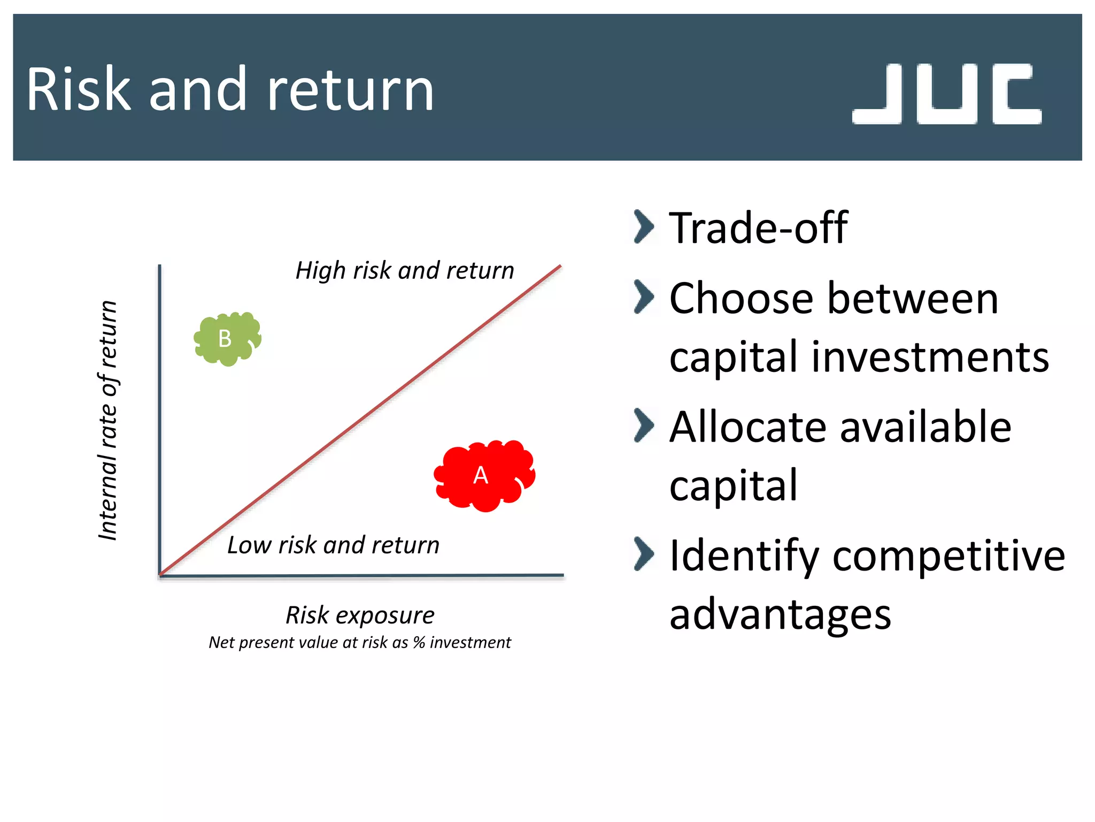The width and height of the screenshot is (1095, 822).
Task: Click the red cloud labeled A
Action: pyautogui.click(x=484, y=475)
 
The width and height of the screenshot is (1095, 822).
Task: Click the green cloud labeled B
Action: pyautogui.click(x=227, y=339)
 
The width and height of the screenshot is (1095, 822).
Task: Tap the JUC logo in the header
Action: pyautogui.click(x=946, y=94)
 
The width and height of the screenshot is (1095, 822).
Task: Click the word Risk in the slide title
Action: pyautogui.click(x=78, y=89)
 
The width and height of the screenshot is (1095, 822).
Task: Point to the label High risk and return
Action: pyautogui.click(x=405, y=271)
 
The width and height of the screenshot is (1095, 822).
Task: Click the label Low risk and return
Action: pyautogui.click(x=333, y=545)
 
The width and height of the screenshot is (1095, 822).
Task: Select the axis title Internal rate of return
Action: pyautogui.click(x=108, y=420)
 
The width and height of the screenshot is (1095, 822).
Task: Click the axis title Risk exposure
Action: pyautogui.click(x=360, y=615)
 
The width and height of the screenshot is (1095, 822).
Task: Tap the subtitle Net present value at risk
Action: pyautogui.click(x=359, y=642)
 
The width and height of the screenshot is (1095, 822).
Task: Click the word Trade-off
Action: pyautogui.click(x=758, y=228)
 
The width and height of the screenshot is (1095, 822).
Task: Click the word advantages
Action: pyautogui.click(x=780, y=614)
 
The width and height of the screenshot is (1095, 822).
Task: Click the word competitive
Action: pyautogui.click(x=949, y=556)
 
